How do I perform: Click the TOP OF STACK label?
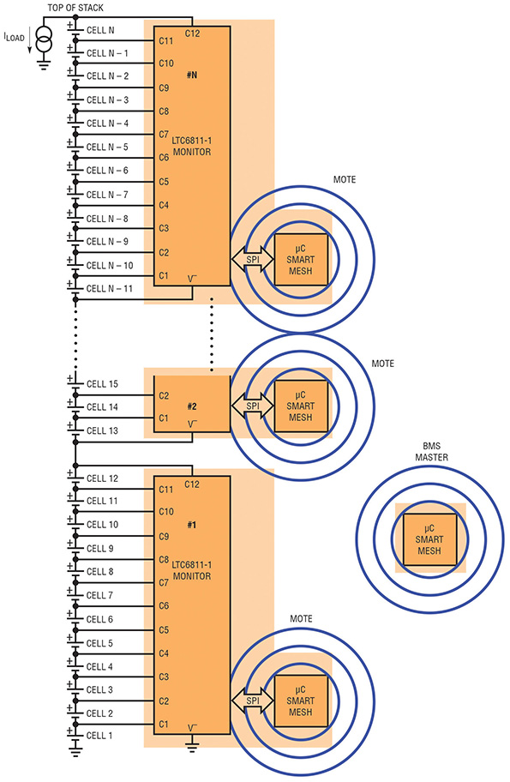75,8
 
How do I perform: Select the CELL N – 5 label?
107,147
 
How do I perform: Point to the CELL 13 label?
102,430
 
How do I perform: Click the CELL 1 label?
99,736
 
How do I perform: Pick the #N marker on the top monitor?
192,75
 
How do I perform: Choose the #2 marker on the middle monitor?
192,406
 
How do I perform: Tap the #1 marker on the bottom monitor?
192,525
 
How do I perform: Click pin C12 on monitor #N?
192,33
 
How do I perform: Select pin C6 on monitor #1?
164,606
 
